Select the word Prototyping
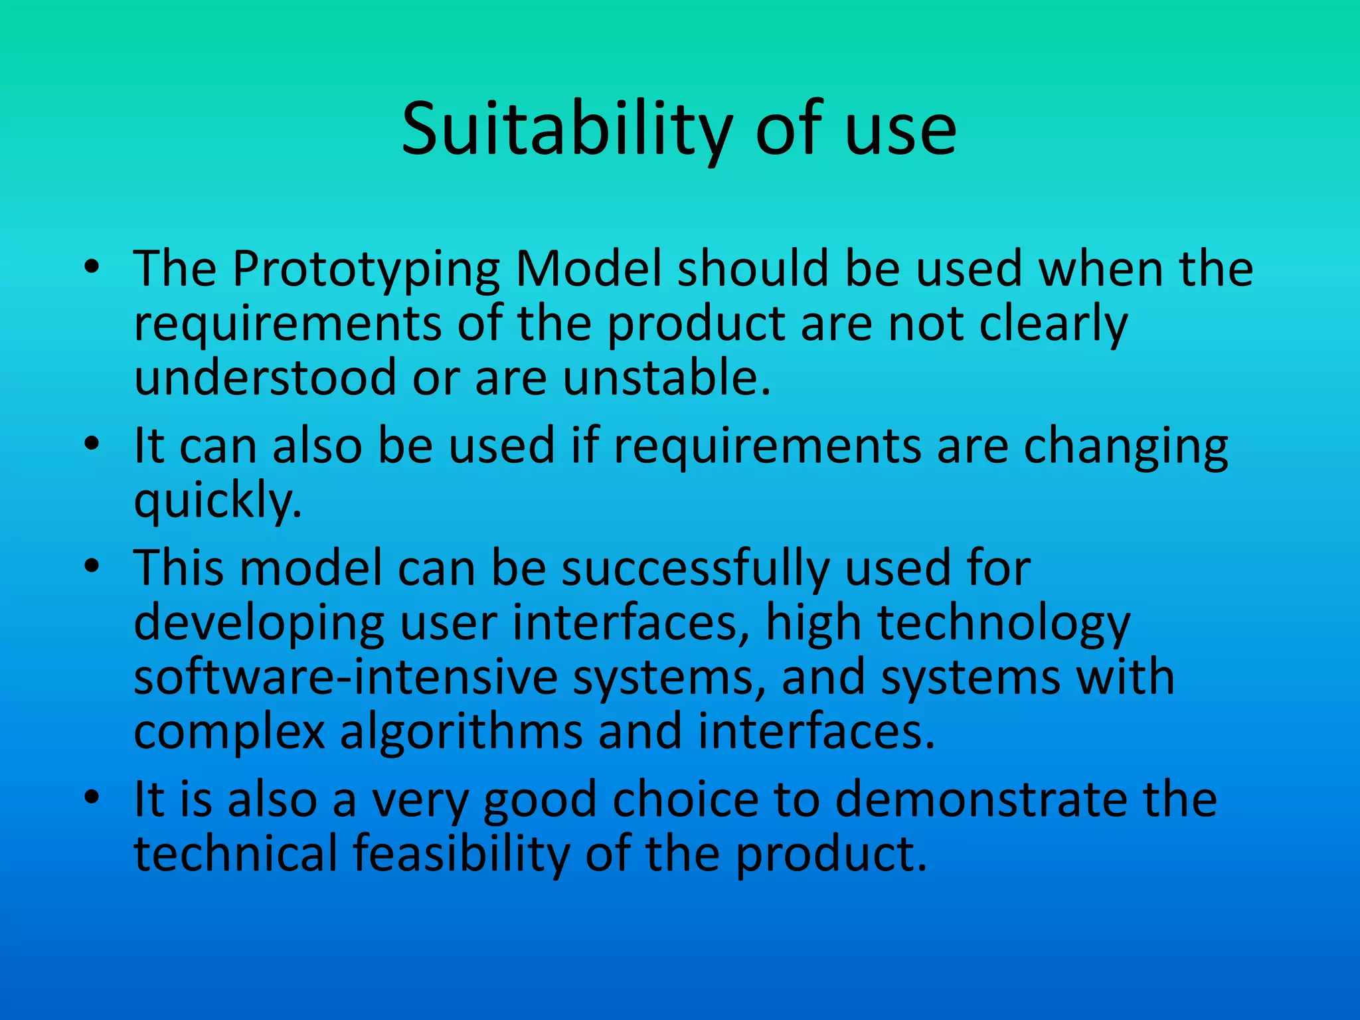click(x=366, y=269)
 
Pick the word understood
click(x=265, y=377)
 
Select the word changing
click(x=1126, y=446)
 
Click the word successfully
click(x=695, y=569)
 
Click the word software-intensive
click(x=345, y=677)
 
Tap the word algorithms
click(x=460, y=732)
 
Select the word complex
click(x=230, y=732)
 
